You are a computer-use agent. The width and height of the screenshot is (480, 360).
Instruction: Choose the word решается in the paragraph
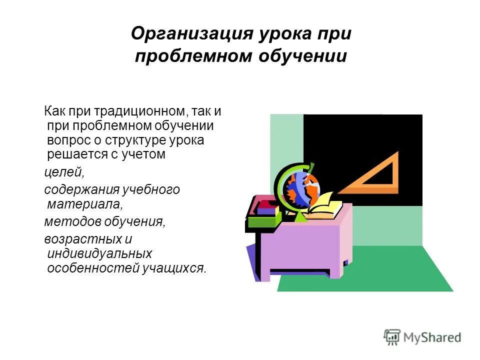[73, 154]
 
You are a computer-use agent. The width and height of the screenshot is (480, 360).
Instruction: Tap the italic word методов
[68, 221]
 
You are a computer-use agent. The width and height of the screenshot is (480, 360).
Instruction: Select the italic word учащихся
[174, 268]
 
